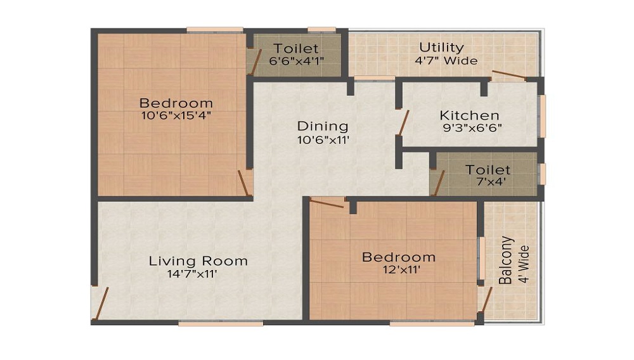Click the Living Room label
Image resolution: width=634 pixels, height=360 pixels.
(x=198, y=260)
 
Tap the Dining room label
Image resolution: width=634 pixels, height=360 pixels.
(x=323, y=126)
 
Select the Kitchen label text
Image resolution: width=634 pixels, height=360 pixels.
(x=469, y=115)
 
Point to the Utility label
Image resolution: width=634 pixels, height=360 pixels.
(x=441, y=48)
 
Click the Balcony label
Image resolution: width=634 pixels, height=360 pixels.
(x=505, y=260)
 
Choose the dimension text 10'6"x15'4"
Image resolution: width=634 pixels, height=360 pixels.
(x=176, y=115)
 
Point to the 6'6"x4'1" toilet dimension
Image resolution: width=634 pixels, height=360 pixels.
(x=296, y=61)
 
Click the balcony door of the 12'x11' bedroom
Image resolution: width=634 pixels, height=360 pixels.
(x=486, y=300)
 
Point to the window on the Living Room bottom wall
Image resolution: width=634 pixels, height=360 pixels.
(x=221, y=323)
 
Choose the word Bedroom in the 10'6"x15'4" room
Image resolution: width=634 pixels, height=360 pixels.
(x=176, y=103)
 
